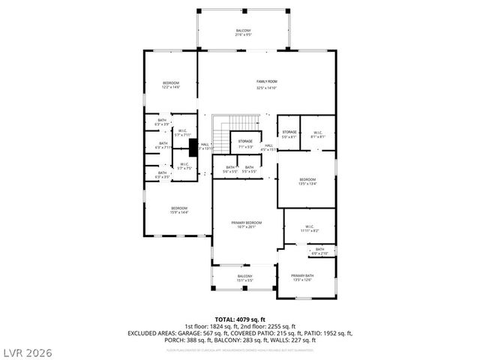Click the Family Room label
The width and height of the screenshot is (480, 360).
coord(266,84)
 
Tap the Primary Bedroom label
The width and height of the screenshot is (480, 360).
coord(246,225)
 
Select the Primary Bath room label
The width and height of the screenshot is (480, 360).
coord(301,278)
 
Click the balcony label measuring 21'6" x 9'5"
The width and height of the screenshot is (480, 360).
coord(244,33)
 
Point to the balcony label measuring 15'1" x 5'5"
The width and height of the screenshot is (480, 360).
coord(244,278)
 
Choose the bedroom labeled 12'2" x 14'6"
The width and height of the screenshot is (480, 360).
coord(171,85)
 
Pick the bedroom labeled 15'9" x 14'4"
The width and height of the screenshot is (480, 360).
coord(178,210)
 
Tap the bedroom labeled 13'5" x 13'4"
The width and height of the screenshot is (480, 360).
coord(307,181)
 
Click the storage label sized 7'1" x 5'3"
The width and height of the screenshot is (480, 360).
coord(244,143)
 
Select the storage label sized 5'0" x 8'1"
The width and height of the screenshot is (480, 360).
coord(289,134)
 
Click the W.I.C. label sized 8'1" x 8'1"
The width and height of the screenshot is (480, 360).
coord(318,134)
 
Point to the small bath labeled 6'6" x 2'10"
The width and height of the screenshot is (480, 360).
coord(319,251)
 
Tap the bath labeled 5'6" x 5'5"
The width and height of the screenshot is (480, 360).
coord(230,169)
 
